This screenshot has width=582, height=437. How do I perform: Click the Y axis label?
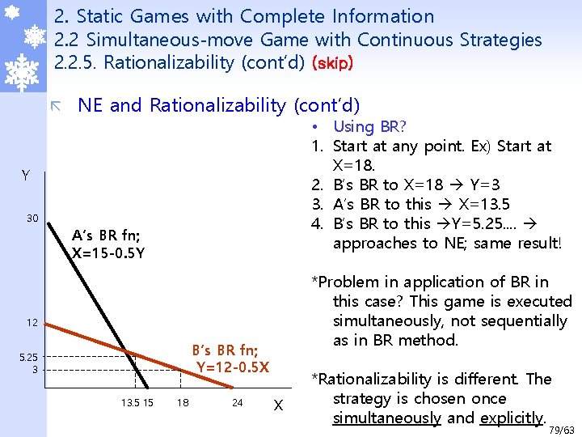pos(26,176)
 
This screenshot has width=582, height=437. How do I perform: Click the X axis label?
pos(278,404)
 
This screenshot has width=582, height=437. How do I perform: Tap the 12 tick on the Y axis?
pos(31,323)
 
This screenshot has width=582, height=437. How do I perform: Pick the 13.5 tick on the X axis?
pos(129,403)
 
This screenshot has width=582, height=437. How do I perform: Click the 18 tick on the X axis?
pos(183,403)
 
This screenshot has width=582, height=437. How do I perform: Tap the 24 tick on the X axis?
pos(238,403)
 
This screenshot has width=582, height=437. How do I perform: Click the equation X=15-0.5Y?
pos(108,252)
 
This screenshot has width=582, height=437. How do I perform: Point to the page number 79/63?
pos(563,430)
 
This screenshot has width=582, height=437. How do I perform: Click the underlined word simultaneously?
pos(386,418)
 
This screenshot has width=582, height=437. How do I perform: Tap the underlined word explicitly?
pos(511,418)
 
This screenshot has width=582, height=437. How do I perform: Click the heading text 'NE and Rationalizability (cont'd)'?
pos(218,105)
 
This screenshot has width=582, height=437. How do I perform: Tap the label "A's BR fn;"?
pos(106,235)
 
